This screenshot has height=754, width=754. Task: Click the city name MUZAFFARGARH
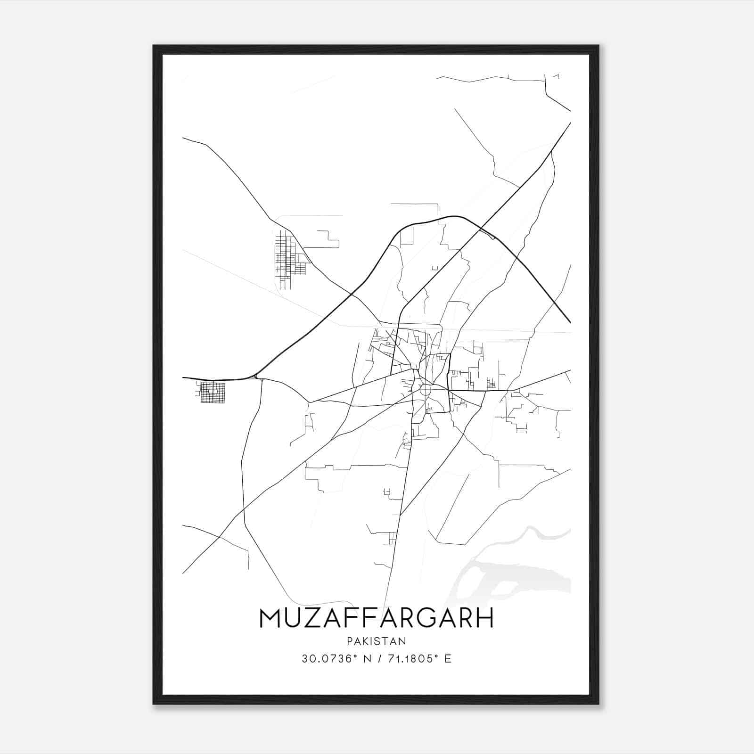click(377, 618)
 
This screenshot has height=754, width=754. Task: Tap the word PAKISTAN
click(377, 641)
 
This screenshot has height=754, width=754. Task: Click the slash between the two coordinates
click(378, 659)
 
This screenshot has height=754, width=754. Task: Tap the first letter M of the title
click(270, 618)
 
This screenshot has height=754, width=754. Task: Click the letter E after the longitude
click(448, 659)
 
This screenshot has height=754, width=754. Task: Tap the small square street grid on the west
click(213, 393)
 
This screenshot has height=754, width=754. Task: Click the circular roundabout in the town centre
click(426, 390)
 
